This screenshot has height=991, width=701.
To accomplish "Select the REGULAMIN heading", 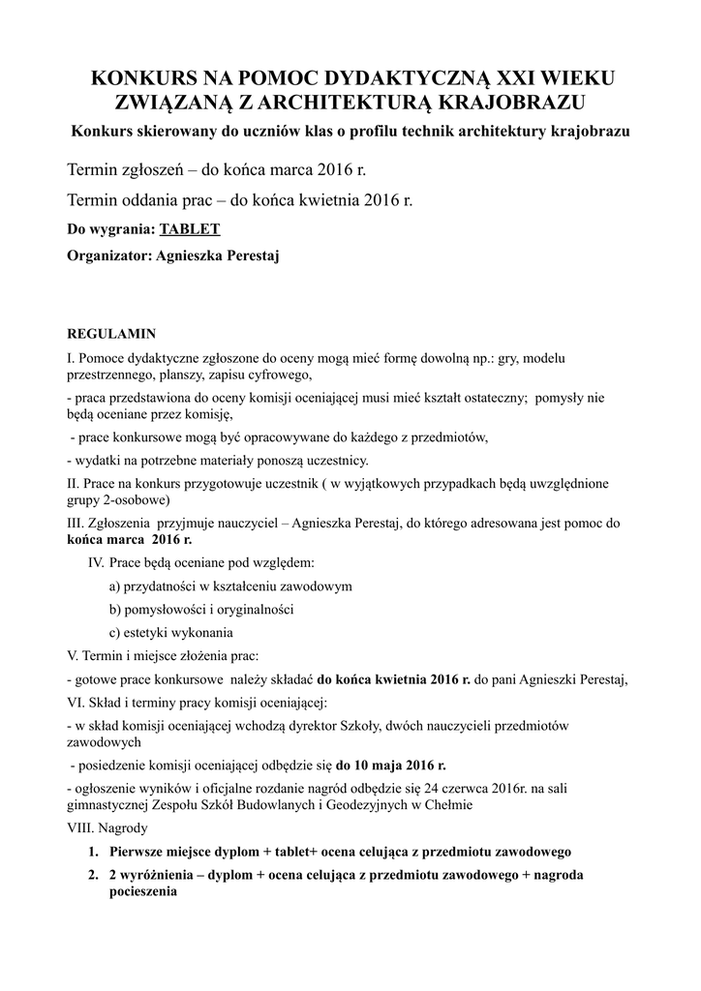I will pos(111,334).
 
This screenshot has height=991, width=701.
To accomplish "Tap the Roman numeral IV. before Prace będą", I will pos(96,561).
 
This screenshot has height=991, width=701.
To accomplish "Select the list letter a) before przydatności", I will pos(115,586).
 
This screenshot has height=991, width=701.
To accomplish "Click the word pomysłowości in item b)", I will pos(166,610).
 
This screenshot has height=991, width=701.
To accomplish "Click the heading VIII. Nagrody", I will pos(108,828).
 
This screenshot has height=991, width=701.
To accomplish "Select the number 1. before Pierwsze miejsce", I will pos(94,852).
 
